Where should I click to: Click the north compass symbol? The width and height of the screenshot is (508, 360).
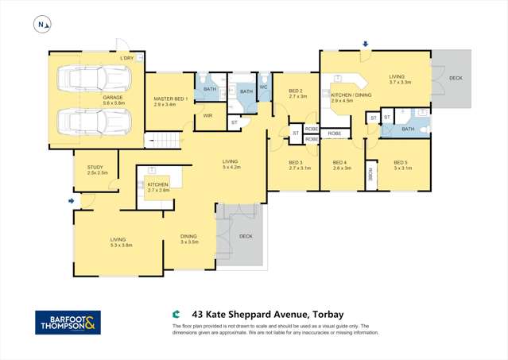point(42,25)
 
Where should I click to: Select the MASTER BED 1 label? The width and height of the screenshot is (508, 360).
point(170,100)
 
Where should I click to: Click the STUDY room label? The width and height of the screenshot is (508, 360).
point(96,169)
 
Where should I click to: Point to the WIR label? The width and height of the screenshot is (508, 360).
point(207,116)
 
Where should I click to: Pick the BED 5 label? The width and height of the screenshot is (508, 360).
point(401,165)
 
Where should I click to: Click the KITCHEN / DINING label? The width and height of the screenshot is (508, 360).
point(347,97)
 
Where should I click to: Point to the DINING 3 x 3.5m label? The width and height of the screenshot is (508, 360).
point(188,238)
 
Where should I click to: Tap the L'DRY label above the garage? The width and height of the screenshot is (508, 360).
point(126,58)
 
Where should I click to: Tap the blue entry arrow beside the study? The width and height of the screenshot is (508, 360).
point(72,201)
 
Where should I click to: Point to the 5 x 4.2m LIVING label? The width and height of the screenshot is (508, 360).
point(231,165)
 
